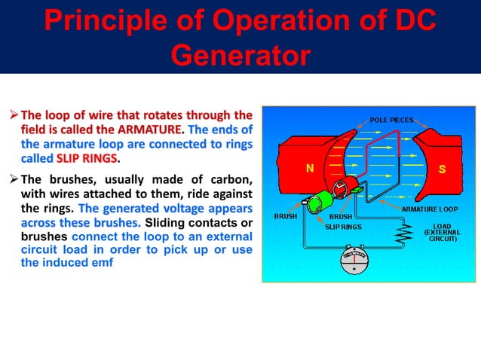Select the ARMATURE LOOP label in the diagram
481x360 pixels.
pyautogui.click(x=427, y=209)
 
